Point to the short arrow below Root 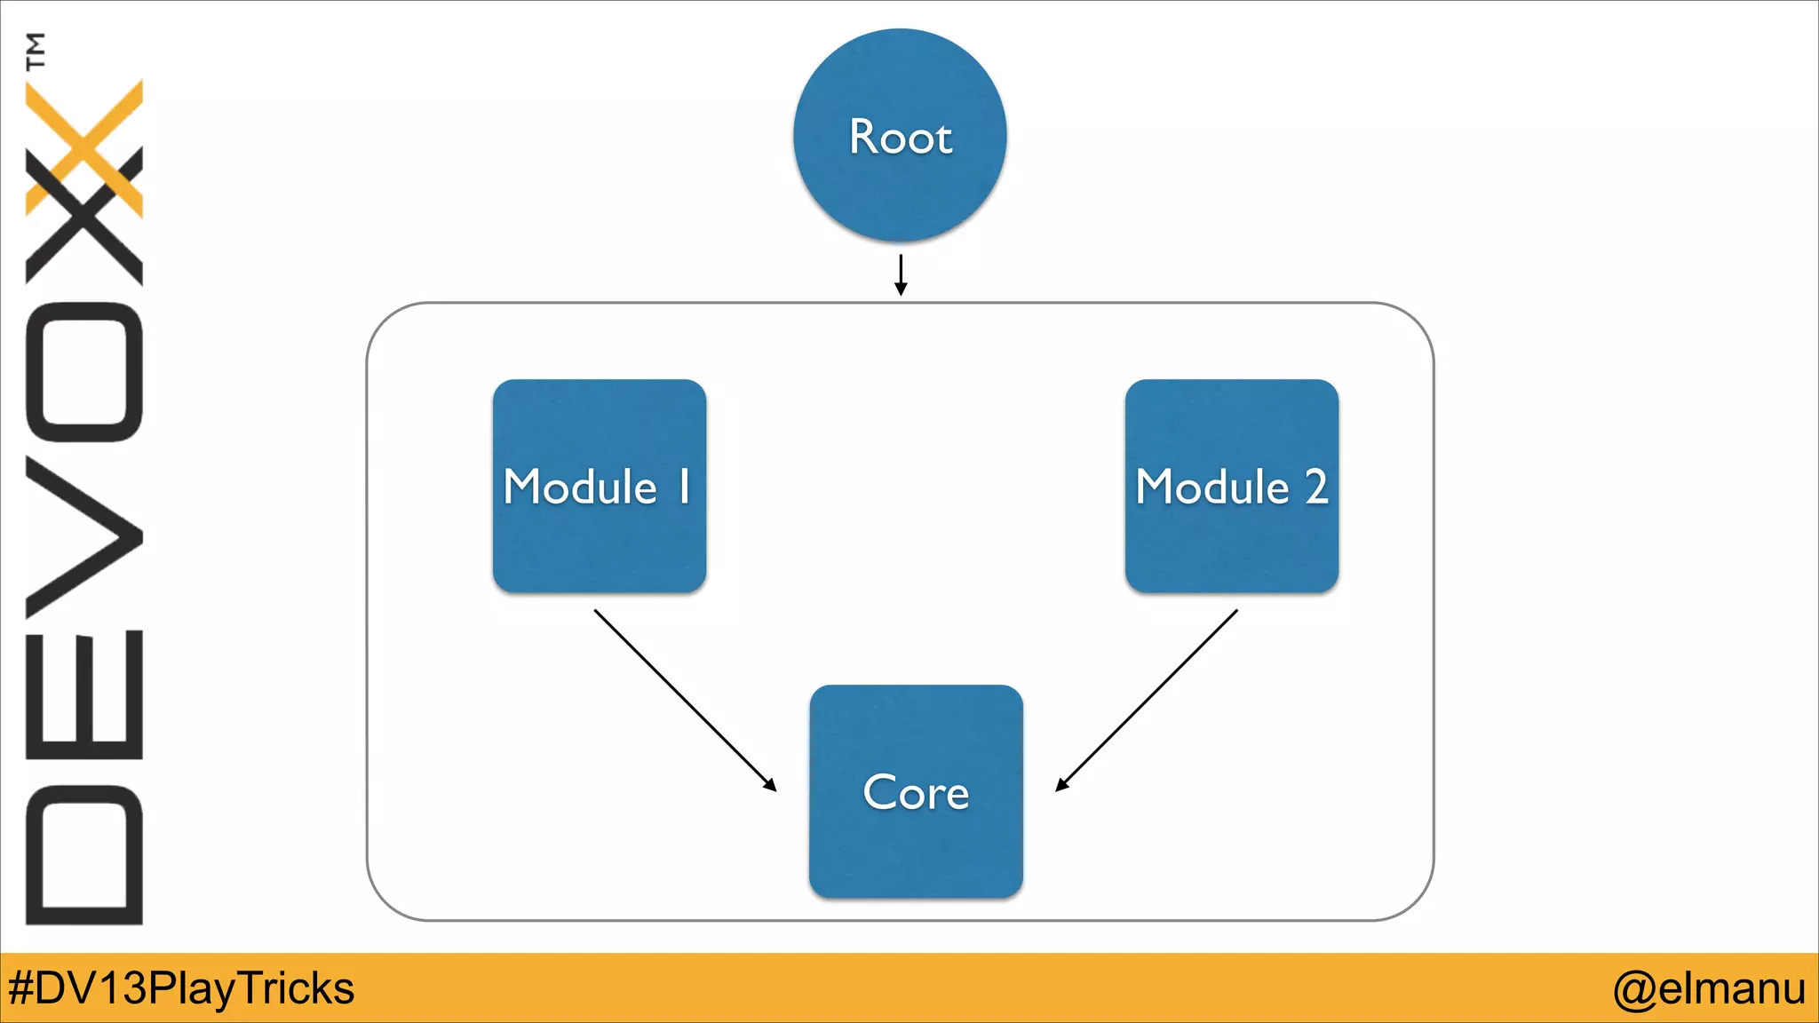pos(901,274)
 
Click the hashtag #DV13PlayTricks pos(181,988)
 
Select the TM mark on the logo pos(36,51)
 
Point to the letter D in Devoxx pos(84,854)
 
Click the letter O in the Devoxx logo pos(84,372)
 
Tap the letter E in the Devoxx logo pos(84,695)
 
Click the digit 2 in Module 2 pos(1315,487)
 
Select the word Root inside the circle pos(900,138)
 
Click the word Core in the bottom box pos(916,792)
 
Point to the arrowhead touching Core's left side pos(770,785)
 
